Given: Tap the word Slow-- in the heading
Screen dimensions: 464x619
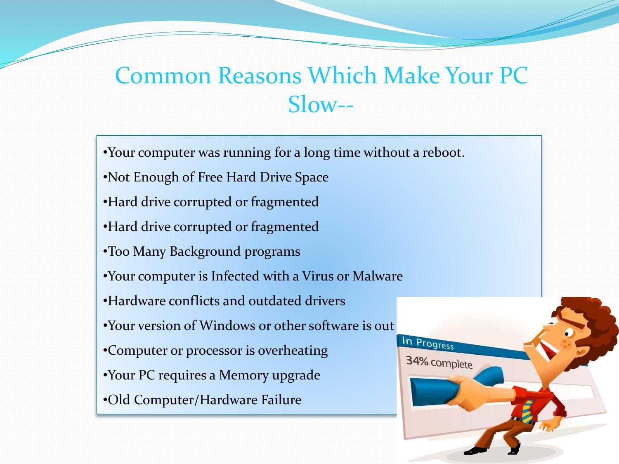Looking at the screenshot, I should pos(321,104).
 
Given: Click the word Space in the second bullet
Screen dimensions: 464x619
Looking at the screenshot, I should pos(312,177).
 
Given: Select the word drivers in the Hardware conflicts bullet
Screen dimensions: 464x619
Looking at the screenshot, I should pos(325,301).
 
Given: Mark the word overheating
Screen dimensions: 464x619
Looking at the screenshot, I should pos(293,351).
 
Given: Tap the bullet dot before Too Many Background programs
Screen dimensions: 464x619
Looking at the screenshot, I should pos(105,252).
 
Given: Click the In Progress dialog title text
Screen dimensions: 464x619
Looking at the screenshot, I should pos(428,343).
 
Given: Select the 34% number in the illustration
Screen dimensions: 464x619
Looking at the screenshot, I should pos(417,361).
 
